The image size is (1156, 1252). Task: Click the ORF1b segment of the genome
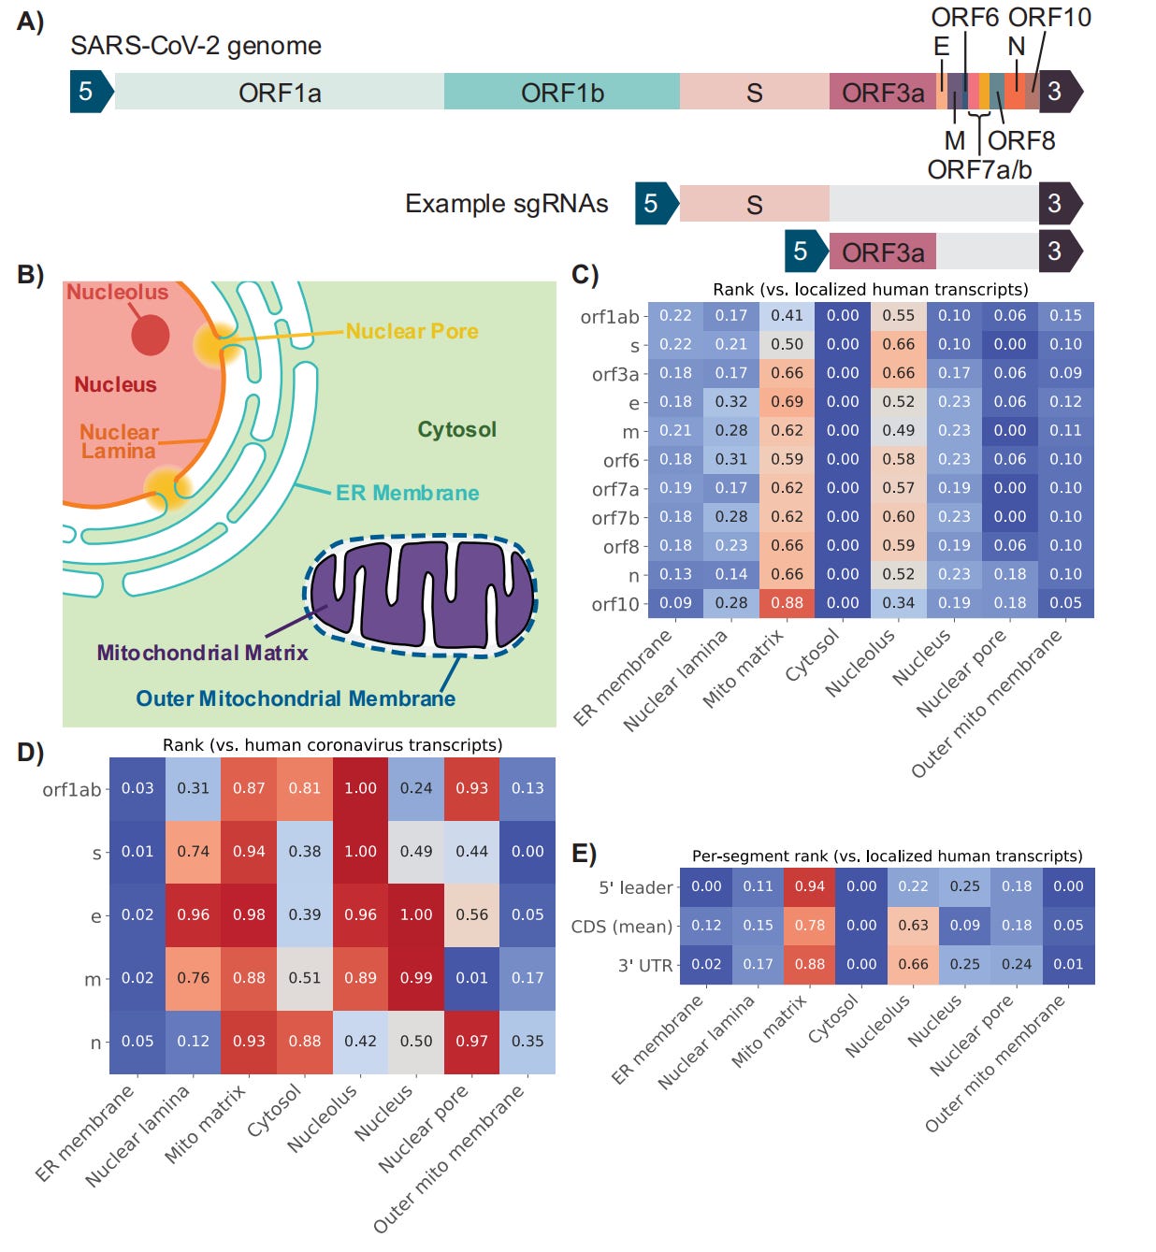[562, 93]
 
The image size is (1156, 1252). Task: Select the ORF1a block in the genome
[280, 93]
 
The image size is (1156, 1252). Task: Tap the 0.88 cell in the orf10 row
[788, 603]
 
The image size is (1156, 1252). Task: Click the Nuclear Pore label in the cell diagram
[412, 331]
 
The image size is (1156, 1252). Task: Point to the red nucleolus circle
[150, 335]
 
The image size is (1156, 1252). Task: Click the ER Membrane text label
[407, 493]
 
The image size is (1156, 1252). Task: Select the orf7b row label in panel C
[615, 518]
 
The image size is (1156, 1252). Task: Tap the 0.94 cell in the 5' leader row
[810, 886]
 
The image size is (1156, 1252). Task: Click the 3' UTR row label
[644, 965]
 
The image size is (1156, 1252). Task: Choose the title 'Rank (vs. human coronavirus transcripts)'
[332, 745]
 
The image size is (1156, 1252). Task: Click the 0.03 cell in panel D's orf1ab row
[137, 788]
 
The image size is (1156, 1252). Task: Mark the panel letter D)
[30, 753]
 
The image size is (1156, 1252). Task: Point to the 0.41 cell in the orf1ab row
[788, 316]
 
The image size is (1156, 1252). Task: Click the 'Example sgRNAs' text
[506, 204]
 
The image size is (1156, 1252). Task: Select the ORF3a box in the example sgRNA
[883, 252]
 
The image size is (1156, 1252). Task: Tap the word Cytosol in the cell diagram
[456, 429]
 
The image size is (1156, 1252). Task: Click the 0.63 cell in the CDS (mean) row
[913, 926]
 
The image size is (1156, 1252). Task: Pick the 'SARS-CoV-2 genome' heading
[195, 46]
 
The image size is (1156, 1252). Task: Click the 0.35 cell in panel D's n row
[527, 1041]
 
